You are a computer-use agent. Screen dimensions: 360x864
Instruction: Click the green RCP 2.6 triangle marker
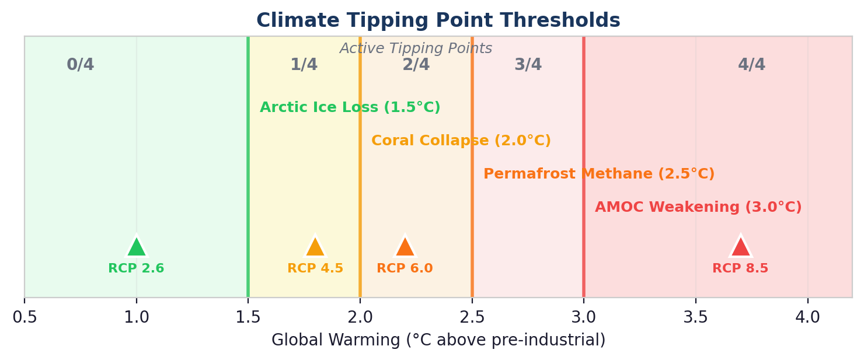[x=136, y=247]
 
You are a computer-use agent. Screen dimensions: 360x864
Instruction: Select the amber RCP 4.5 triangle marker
[x=315, y=247]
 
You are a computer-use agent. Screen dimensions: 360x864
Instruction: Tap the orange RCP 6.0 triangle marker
[x=405, y=247]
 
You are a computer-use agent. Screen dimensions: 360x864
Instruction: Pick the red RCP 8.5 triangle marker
[x=740, y=247]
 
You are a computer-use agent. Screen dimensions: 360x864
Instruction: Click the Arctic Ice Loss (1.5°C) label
[x=350, y=108]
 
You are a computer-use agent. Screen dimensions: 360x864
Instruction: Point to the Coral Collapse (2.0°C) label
[x=461, y=141]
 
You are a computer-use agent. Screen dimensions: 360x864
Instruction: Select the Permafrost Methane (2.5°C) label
[x=599, y=174]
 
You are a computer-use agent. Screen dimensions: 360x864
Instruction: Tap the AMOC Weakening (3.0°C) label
[x=698, y=208]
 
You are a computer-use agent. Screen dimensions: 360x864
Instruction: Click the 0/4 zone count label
[x=80, y=65]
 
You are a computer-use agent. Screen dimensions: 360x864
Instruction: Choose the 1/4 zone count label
[x=304, y=65]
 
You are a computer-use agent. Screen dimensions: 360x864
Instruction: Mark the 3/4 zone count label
[x=528, y=65]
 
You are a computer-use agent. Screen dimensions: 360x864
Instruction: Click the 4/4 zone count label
[x=751, y=65]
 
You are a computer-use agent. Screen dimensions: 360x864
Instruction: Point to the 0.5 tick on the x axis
[x=25, y=318]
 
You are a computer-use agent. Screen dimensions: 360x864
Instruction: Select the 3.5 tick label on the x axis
[x=695, y=318]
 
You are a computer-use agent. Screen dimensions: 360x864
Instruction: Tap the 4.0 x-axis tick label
[x=807, y=318]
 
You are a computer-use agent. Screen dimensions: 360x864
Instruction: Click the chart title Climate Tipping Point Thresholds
[x=438, y=21]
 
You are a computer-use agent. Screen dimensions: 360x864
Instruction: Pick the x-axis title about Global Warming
[x=438, y=340]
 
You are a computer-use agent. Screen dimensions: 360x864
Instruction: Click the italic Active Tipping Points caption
[x=416, y=49]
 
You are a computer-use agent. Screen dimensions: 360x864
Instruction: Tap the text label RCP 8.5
[x=740, y=269]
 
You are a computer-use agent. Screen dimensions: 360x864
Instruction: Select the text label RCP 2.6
[x=136, y=269]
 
